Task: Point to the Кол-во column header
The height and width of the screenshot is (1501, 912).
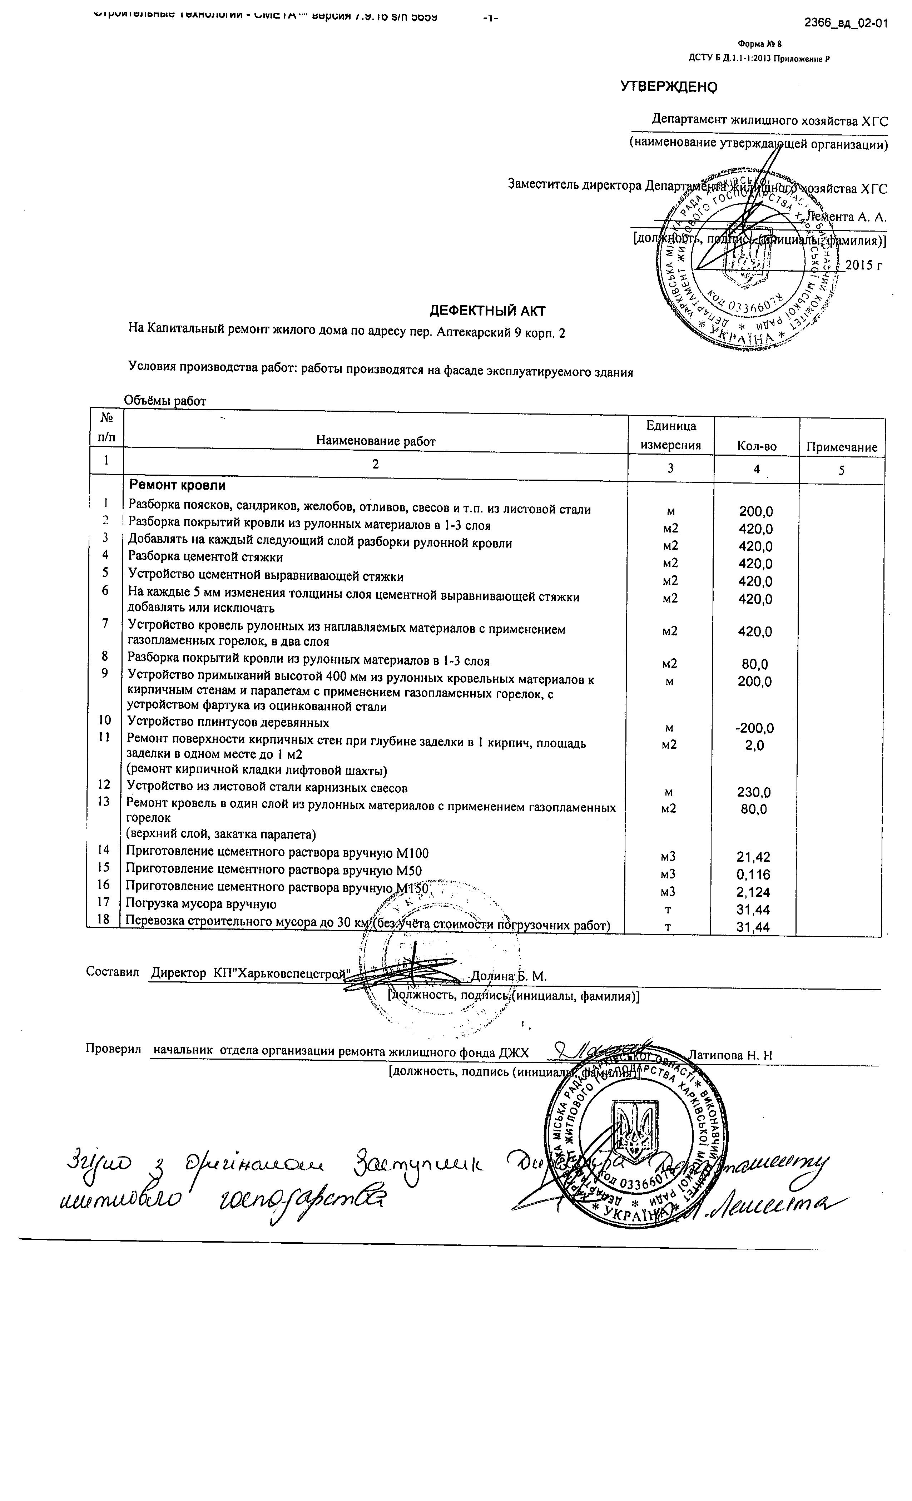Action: pos(756,446)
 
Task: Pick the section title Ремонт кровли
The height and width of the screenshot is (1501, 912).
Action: pos(177,486)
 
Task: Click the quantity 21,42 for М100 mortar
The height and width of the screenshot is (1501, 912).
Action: pos(754,857)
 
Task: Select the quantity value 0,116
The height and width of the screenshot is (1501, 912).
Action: pos(754,875)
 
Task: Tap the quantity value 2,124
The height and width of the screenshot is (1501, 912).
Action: pos(754,892)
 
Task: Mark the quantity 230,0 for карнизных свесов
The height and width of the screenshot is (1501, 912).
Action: pos(754,793)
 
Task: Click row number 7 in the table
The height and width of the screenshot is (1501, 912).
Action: pos(105,623)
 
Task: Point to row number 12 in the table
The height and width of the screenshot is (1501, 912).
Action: pos(104,784)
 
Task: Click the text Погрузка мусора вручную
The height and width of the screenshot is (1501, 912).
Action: pos(201,904)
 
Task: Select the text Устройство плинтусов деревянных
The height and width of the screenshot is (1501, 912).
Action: pos(228,723)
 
